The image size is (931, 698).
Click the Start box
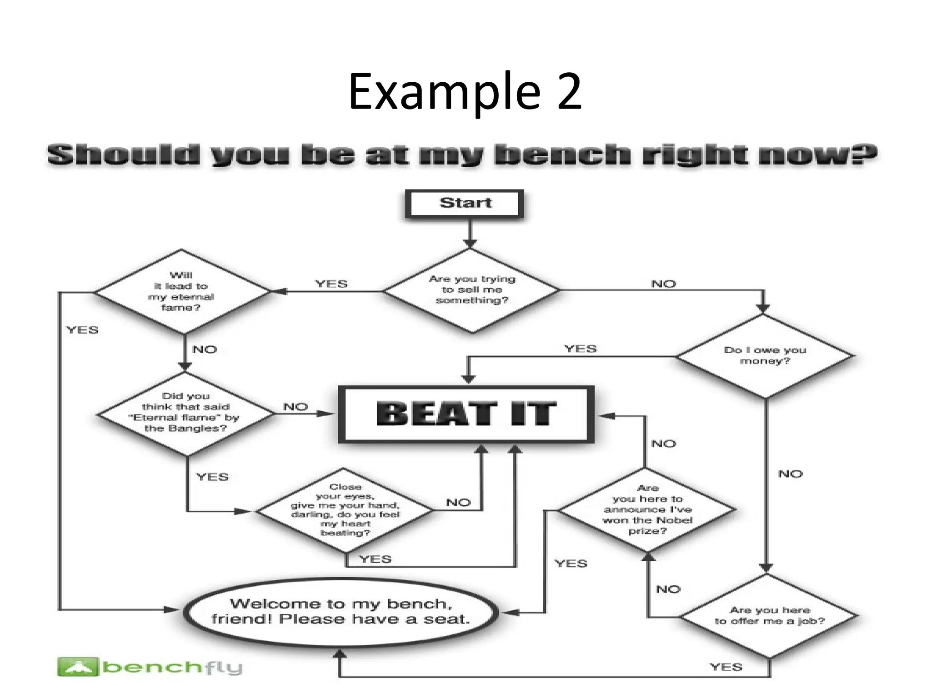pyautogui.click(x=465, y=203)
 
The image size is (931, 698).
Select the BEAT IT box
pyautogui.click(x=466, y=414)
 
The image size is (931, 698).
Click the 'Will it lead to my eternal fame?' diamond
pyautogui.click(x=182, y=291)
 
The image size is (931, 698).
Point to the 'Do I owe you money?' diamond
pyautogui.click(x=765, y=355)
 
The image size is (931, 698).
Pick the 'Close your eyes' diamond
pyautogui.click(x=345, y=510)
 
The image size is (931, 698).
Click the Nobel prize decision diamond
pyautogui.click(x=647, y=510)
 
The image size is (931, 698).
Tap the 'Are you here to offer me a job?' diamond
pyautogui.click(x=769, y=616)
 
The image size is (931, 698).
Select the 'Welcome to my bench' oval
pyautogui.click(x=340, y=612)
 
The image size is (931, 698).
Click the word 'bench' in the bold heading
pyautogui.click(x=561, y=155)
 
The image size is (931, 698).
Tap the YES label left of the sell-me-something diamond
pyautogui.click(x=331, y=284)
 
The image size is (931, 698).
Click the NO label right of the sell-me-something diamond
pyautogui.click(x=664, y=284)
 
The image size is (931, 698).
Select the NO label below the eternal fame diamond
pyautogui.click(x=205, y=349)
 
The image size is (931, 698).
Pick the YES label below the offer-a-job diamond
pyautogui.click(x=726, y=667)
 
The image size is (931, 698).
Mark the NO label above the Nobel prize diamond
pyautogui.click(x=664, y=444)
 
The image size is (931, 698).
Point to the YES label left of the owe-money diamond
pyautogui.click(x=580, y=349)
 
